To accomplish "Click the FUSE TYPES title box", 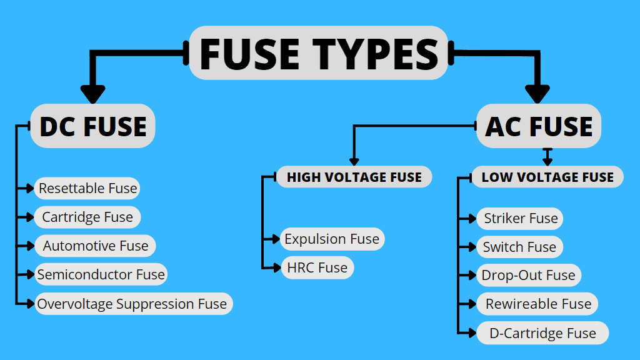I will pos(319,53).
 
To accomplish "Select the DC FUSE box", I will pos(92,126).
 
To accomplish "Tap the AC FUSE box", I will pos(539,126).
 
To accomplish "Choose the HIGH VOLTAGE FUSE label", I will pos(354,177).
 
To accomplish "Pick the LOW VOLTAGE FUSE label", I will pos(547,177).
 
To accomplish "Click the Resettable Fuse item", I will pos(87,188).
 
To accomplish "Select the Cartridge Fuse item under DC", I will pos(87,217).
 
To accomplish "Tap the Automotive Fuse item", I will pos(96,246).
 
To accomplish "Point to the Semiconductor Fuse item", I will pos(101,274).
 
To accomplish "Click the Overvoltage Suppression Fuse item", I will pos(132,304).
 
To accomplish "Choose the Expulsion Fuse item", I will pos(331,239).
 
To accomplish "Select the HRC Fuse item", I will pos(317,267).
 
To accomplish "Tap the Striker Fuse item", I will pos(521,219).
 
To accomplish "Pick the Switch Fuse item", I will pos(519,247).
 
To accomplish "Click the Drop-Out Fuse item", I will pos(528,276).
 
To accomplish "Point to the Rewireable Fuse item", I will pos(538,304).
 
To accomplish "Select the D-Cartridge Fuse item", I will pos(542,333).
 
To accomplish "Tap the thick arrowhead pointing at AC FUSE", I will pos(537,94).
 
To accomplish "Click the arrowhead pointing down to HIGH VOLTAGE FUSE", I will pos(354,161).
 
